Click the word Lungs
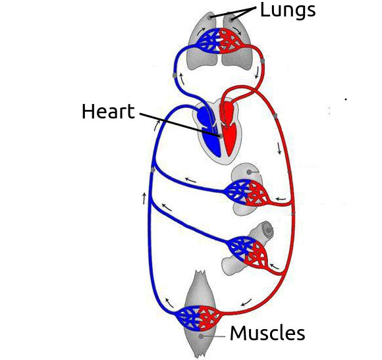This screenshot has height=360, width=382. [288, 11]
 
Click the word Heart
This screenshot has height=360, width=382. [108, 111]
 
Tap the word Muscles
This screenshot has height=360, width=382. [267, 333]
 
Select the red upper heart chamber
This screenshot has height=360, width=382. [227, 109]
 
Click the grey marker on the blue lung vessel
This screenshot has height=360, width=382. [175, 76]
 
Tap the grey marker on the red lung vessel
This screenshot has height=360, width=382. [262, 60]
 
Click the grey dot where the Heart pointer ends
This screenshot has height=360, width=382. [221, 136]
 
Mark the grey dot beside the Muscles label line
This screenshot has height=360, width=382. [201, 336]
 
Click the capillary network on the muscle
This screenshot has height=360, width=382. [200, 317]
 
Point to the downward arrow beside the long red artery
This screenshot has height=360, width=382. [279, 148]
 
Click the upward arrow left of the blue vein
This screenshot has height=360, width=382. [144, 198]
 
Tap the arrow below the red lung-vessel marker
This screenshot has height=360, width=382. [257, 73]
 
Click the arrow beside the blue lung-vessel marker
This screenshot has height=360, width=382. [182, 78]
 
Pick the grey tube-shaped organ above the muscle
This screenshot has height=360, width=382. [246, 248]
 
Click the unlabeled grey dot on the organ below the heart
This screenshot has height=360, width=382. [249, 172]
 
